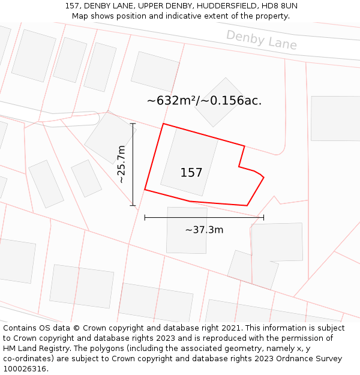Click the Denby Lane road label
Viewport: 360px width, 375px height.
coord(261,40)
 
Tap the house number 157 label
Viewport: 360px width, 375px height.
coord(191,173)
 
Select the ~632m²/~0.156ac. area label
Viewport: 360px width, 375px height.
coord(204,101)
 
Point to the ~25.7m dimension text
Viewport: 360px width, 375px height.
coord(122,164)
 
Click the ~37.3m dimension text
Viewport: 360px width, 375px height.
coord(204,230)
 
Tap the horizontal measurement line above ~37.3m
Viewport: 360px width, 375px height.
coord(204,217)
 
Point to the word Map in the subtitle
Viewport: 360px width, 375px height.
coord(80,16)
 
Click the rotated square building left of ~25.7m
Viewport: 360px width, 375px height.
coord(110,137)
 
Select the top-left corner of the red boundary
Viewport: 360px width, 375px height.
coord(163,124)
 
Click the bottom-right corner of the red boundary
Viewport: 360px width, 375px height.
coord(247,205)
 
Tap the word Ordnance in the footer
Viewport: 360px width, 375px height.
coord(296,358)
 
